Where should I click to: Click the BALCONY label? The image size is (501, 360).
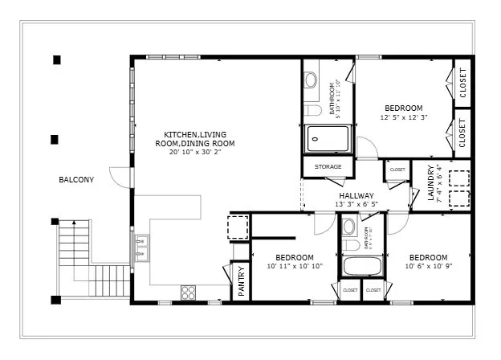coord(76,179)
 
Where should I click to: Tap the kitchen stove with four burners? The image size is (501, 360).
coord(189,292)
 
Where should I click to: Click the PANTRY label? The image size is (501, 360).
coord(241,281)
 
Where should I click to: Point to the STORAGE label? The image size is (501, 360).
coord(328,167)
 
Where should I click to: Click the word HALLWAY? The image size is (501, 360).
coord(356,195)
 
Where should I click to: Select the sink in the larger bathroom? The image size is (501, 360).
coord(311,80)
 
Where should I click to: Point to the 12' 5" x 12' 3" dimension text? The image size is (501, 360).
coord(403,117)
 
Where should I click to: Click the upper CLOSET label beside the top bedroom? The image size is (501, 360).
coord(462,81)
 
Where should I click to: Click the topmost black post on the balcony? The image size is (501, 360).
coord(56,59)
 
